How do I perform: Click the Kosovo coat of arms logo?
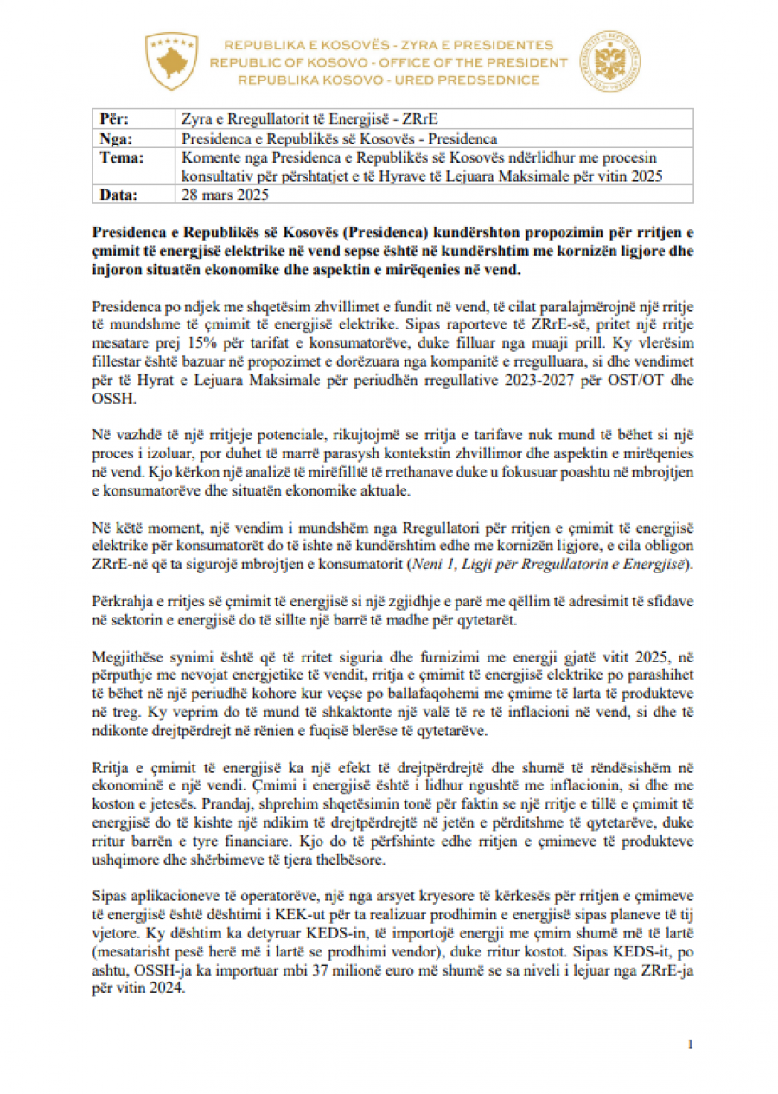point(171,61)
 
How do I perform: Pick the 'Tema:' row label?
point(121,157)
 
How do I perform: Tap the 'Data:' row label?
point(118,195)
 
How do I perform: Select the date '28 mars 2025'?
point(225,195)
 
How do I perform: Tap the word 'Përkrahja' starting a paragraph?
point(120,599)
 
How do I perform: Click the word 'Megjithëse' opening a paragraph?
point(124,649)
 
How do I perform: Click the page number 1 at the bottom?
point(690,1045)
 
